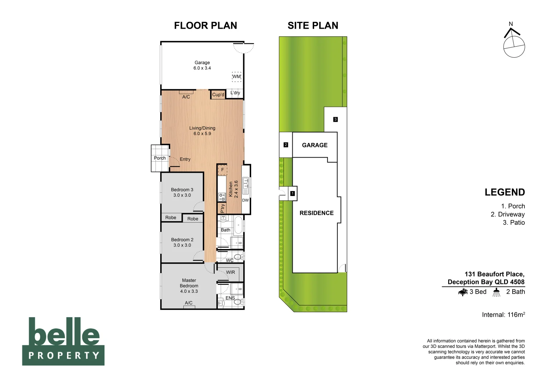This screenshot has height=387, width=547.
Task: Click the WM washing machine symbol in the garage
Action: tap(236, 77)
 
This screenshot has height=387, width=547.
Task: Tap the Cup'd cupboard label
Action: tap(218, 95)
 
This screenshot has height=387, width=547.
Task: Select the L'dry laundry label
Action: tap(235, 93)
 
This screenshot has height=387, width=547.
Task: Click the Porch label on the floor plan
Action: tap(160, 158)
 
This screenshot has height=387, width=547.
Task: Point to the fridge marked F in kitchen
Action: tap(222, 170)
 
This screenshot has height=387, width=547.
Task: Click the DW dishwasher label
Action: tap(245, 200)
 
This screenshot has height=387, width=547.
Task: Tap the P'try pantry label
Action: tap(222, 208)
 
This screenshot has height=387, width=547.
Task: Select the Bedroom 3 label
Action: tap(182, 190)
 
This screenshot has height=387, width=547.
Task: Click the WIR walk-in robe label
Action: tap(230, 272)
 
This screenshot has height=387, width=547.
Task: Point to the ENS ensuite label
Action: tap(230, 298)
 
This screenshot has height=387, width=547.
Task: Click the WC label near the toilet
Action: tap(230, 261)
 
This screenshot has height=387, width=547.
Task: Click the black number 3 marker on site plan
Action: tap(335, 119)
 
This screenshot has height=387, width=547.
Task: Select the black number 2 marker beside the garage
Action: tap(286, 145)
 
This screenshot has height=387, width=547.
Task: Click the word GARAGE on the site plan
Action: tap(315, 145)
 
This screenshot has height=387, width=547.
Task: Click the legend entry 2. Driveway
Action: tap(508, 214)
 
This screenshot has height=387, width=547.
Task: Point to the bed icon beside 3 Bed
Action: tap(463, 292)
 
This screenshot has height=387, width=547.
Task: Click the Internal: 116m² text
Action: tap(503, 315)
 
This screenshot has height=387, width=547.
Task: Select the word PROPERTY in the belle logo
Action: tap(63, 355)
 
